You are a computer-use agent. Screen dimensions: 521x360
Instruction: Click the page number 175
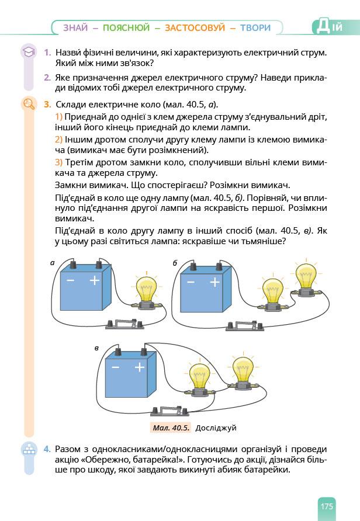(326, 506)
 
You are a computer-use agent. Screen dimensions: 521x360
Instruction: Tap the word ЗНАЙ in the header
(75, 27)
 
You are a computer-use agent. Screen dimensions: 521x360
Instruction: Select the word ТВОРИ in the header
(255, 27)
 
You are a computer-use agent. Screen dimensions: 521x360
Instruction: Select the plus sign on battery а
(95, 281)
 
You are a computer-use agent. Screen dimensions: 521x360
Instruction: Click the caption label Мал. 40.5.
(171, 428)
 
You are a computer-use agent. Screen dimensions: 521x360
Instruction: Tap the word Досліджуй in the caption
(216, 428)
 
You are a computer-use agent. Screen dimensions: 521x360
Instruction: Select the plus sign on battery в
(139, 367)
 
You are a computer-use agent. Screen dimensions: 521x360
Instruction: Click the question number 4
(47, 449)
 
